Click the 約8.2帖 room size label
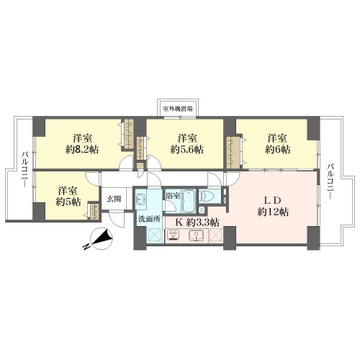(x=82, y=150)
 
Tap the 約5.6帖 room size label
(x=187, y=150)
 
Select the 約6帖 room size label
(x=278, y=150)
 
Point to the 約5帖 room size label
(x=68, y=202)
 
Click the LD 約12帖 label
(x=273, y=206)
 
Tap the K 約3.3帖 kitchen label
(x=197, y=222)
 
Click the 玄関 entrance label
(x=114, y=199)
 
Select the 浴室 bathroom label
(x=173, y=196)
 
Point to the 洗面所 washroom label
(x=149, y=219)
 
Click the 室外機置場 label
(x=178, y=109)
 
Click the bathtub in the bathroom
(x=189, y=201)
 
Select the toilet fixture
(x=207, y=196)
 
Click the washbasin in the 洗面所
(x=140, y=199)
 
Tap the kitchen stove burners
(x=174, y=235)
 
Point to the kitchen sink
(x=197, y=235)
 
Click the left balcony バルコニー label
(x=25, y=169)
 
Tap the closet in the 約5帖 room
(x=94, y=212)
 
